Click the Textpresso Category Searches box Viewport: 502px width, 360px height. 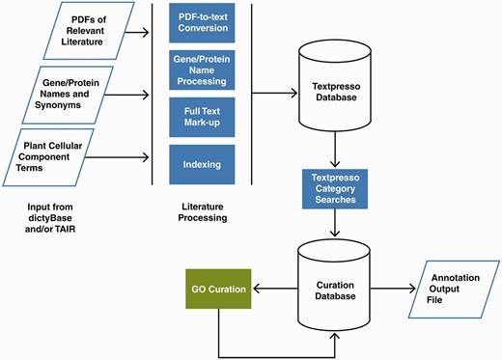[x=335, y=187]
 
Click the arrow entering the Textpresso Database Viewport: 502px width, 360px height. [x=275, y=95]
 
